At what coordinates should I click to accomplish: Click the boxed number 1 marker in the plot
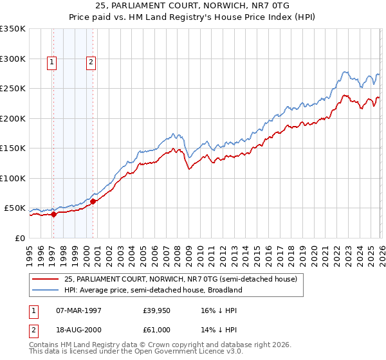point(51,62)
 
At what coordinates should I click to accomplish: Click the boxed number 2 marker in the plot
point(91,62)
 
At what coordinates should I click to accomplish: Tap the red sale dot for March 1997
point(53,215)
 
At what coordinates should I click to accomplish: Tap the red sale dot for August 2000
point(93,202)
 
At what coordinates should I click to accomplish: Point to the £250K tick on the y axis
point(13,89)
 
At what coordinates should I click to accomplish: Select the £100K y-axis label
point(13,178)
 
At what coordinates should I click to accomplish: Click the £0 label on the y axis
point(20,238)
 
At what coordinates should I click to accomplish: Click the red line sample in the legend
point(46,279)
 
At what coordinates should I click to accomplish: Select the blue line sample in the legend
point(46,290)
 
